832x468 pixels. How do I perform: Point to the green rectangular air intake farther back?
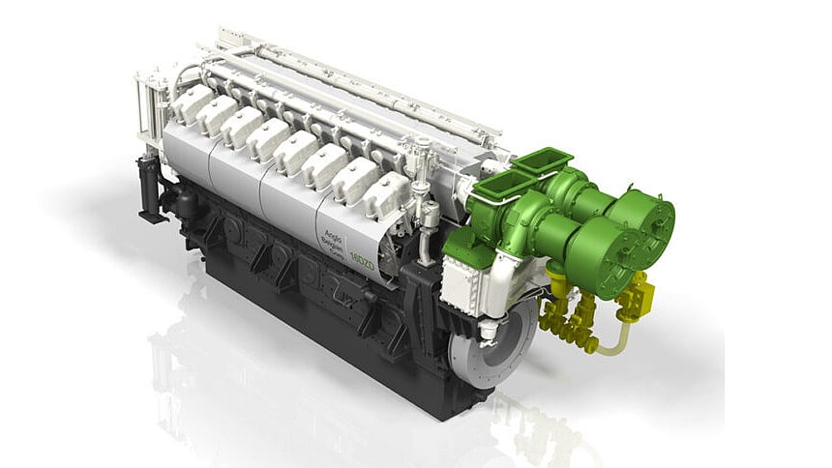tap(542, 160)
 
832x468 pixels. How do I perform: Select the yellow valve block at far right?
tap(639, 294)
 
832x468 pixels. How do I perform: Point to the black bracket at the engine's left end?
tap(150, 188)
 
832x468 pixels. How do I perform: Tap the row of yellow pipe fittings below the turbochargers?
tap(569, 317)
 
